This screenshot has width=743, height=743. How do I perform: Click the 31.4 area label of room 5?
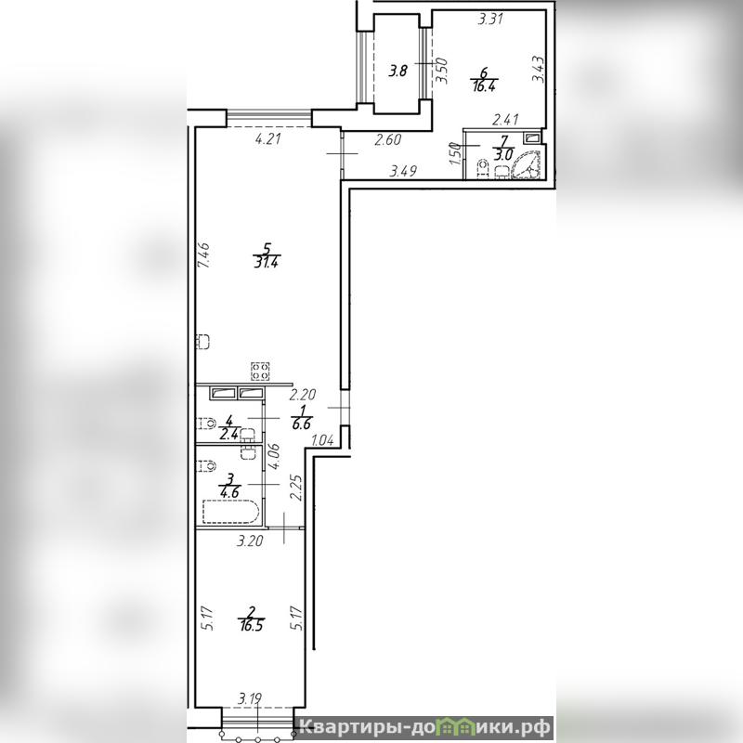point(266,262)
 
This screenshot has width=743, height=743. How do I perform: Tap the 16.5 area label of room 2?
point(252,625)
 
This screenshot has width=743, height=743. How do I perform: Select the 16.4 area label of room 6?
point(483,86)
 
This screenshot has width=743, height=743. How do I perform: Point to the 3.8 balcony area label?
point(398,72)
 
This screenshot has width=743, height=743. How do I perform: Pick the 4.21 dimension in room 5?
point(268,139)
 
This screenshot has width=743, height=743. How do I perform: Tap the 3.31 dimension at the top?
point(490,20)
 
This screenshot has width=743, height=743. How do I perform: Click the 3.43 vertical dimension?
point(538,69)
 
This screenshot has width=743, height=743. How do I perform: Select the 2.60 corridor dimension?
point(388,140)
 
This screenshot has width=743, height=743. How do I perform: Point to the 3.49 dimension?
point(403,171)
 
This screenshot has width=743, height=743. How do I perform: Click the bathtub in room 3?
point(231,513)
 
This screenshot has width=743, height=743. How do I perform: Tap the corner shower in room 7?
point(526,165)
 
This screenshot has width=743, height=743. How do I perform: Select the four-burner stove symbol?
point(260,371)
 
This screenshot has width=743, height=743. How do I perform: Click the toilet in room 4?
point(206,423)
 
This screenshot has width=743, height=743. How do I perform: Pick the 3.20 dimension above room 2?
point(250,541)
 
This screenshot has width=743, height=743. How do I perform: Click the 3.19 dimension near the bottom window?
point(250,699)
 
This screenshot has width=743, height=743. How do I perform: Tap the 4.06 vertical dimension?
point(273,456)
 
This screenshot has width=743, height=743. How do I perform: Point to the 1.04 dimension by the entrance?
point(322,440)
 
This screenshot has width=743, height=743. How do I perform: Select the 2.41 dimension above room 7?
point(505,120)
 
